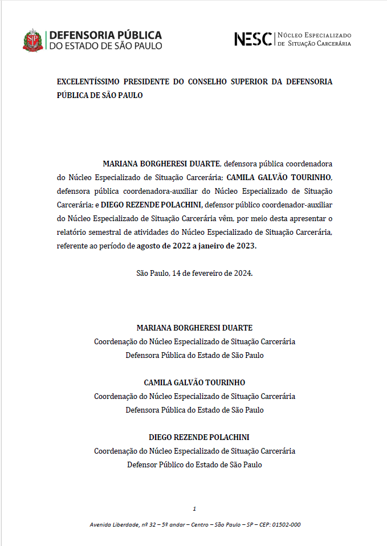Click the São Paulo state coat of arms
[x=32, y=40]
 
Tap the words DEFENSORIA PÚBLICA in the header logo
[x=106, y=35]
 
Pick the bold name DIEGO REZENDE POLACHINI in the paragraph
[x=151, y=204]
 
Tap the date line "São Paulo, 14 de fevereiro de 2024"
[x=194, y=273]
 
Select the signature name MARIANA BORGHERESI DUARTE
[x=194, y=328]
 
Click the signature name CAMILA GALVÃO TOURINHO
[x=194, y=382]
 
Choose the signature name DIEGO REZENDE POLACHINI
[x=194, y=437]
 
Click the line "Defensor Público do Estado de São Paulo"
[x=194, y=464]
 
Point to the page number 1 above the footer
[x=194, y=508]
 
